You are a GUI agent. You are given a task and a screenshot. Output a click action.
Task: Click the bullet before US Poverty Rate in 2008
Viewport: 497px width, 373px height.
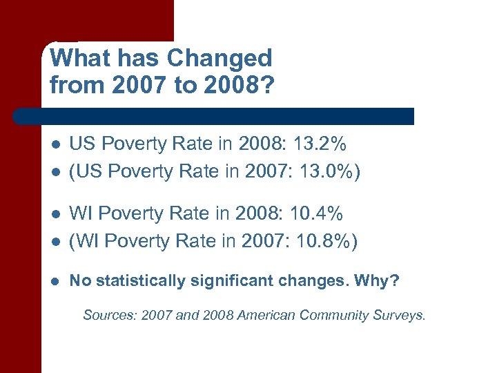55,144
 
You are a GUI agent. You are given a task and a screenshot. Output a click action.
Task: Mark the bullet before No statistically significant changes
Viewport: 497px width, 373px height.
55,281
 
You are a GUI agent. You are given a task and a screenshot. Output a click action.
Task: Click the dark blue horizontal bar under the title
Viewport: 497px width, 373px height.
214,116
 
